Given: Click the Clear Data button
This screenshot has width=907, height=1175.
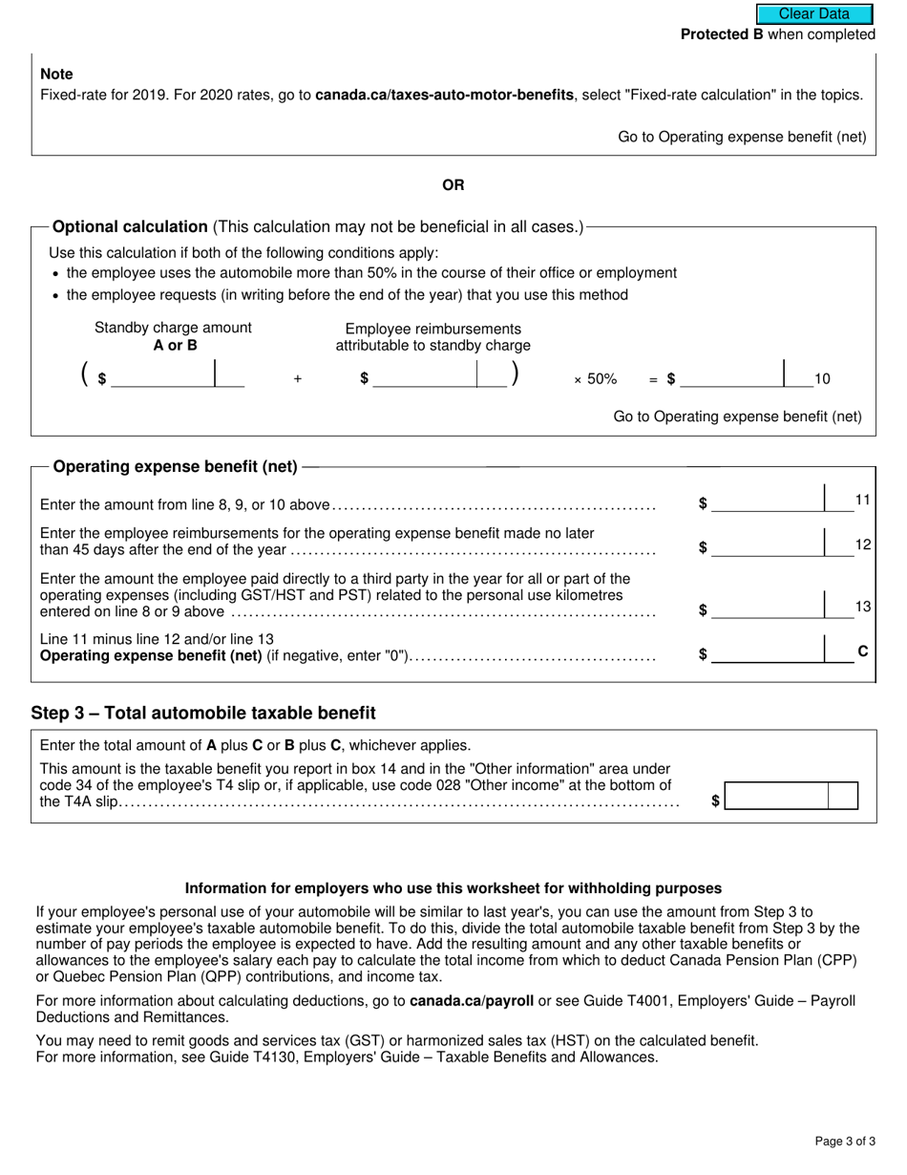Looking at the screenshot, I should click(x=814, y=13).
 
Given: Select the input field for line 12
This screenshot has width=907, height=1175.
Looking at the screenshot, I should click(x=769, y=546).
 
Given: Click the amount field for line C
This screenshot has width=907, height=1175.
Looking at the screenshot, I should click(x=769, y=653).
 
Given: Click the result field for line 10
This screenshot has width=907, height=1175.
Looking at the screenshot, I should click(x=732, y=378).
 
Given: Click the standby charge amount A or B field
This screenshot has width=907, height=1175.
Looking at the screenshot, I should click(x=164, y=378).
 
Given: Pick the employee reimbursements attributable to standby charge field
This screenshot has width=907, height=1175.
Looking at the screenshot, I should click(x=426, y=378).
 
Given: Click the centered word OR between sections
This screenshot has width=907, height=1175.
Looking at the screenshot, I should click(x=453, y=184).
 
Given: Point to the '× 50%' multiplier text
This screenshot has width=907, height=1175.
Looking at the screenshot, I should click(x=595, y=379).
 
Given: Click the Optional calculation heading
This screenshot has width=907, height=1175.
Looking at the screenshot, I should click(x=130, y=227).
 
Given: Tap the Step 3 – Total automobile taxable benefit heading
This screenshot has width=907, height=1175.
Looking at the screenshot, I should click(x=203, y=714).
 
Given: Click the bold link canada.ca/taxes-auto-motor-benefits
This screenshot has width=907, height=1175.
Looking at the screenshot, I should click(x=444, y=95).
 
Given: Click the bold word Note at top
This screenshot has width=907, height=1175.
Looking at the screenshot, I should click(x=56, y=75).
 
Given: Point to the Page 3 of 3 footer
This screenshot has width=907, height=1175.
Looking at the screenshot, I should click(x=844, y=1141).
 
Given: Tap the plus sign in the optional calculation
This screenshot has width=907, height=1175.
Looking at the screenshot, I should click(x=298, y=379).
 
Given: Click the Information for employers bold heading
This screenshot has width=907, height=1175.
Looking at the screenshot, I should click(x=453, y=887).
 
